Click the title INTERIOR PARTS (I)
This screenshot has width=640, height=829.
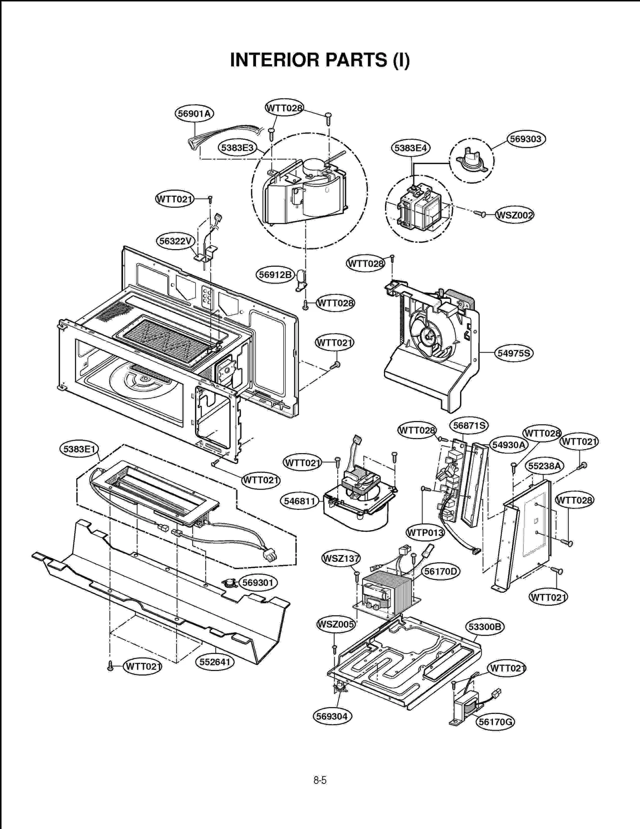point(320,60)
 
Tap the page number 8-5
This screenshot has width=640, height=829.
point(320,780)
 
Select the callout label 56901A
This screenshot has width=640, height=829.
point(194,114)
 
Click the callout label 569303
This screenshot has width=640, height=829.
point(526,139)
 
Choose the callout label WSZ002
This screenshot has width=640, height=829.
point(514,215)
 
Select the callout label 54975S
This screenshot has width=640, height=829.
point(514,353)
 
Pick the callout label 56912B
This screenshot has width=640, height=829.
point(275,275)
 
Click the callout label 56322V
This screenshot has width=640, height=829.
point(175,241)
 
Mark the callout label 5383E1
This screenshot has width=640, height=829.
point(79,449)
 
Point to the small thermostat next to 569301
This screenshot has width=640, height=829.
point(230,583)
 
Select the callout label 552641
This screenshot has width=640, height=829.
point(215,662)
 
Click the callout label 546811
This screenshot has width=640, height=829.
point(299,501)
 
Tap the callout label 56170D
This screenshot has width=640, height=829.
point(440,571)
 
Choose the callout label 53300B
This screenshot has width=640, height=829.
point(484,627)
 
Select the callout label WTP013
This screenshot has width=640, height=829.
point(425,533)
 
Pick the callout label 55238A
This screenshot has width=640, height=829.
point(544,466)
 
